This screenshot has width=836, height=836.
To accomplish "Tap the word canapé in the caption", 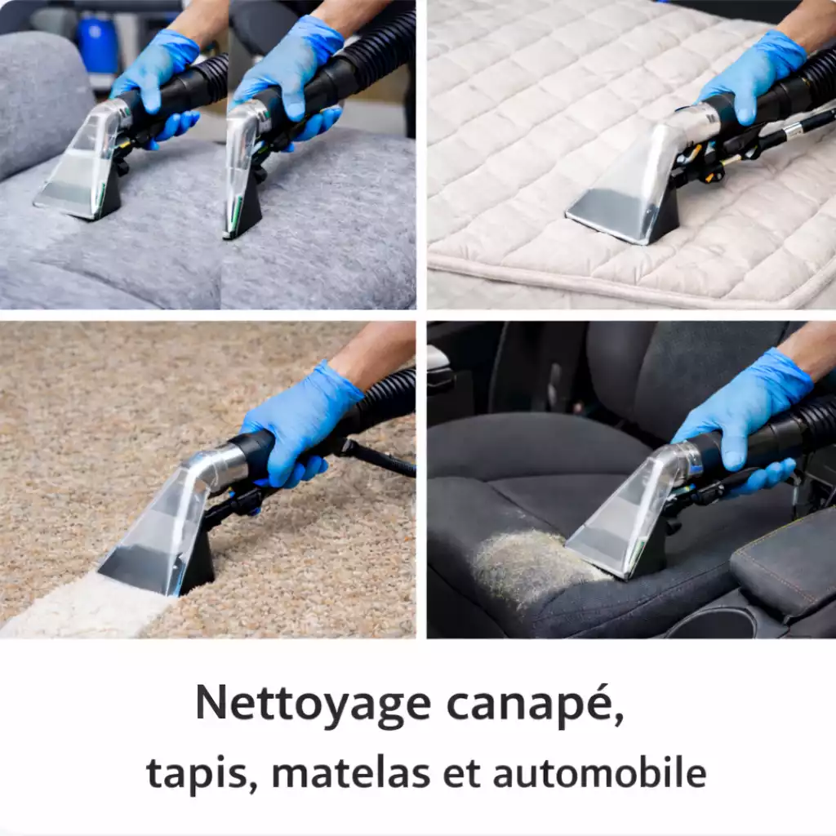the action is (x=535, y=705).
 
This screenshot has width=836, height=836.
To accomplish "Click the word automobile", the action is (x=600, y=772).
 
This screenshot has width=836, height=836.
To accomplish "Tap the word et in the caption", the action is (x=462, y=773).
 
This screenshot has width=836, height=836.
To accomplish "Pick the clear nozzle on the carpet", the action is (x=160, y=528).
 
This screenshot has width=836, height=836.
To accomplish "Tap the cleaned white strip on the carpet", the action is (x=85, y=605).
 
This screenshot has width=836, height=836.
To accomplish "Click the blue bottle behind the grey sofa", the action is (x=96, y=42).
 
